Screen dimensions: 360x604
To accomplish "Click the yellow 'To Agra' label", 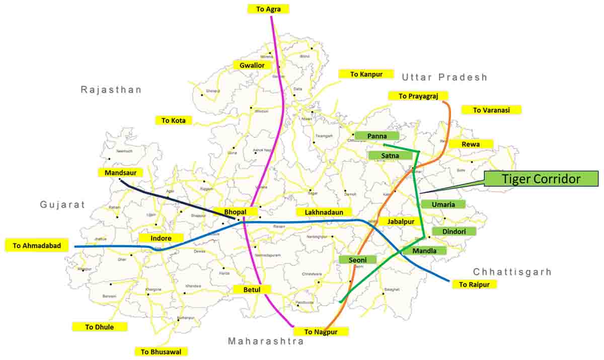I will tap(268, 9).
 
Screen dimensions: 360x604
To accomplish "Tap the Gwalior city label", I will tap(252, 65).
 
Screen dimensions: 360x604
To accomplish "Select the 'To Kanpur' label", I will tap(366, 74).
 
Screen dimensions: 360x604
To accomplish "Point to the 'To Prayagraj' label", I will tap(418, 96).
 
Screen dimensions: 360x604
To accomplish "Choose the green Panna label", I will tap(377, 136).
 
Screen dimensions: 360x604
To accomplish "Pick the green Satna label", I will tap(390, 156).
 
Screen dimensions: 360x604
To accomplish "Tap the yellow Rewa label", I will tap(471, 144).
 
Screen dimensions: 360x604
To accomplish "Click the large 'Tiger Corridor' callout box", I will tap(541, 179).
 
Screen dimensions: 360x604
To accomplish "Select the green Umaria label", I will tap(443, 204).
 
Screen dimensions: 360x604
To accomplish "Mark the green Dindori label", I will tap(454, 232).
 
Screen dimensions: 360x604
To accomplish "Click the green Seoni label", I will tap(357, 260).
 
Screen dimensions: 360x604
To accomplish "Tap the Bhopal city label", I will tap(236, 212).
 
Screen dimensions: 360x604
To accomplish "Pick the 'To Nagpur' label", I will tap(320, 331).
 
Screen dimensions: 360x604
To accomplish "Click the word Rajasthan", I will tap(111, 90).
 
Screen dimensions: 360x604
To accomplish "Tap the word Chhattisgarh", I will tap(512, 272).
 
